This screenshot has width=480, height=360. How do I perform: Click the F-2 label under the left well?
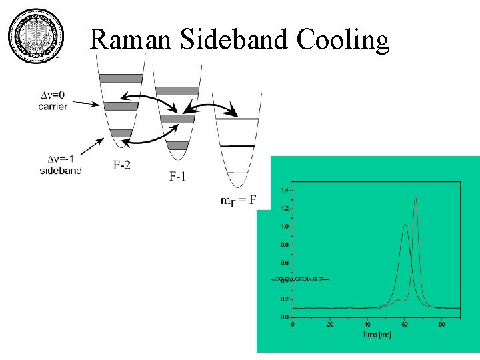(121, 165)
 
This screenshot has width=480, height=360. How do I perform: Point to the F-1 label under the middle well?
(178, 176)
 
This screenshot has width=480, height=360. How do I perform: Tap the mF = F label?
(238, 201)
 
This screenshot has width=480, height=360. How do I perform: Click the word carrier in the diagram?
(53, 106)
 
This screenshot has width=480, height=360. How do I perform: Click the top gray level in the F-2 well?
(121, 78)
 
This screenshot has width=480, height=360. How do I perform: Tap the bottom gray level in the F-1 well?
(177, 145)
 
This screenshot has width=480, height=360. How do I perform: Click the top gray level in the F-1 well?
(177, 91)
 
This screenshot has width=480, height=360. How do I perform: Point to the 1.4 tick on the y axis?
(285, 191)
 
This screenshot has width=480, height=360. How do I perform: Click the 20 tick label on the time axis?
(329, 325)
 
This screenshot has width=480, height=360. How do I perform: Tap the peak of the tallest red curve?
(416, 197)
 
